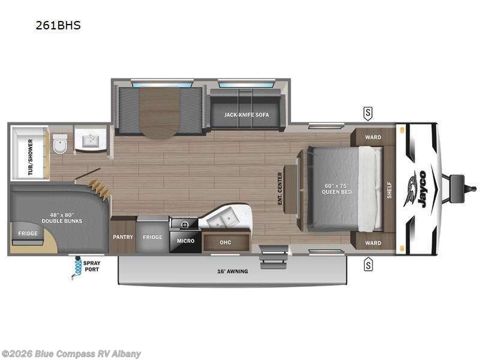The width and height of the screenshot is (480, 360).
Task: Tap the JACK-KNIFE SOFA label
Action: (247, 115)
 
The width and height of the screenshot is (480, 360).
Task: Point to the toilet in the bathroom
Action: (59, 145)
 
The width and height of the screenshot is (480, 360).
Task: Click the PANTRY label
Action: (123, 237)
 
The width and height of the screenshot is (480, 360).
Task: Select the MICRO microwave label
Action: (184, 241)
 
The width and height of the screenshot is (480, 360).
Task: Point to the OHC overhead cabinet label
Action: (225, 242)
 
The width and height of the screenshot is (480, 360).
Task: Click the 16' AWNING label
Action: (232, 271)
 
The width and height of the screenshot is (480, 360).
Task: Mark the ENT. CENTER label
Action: (280, 188)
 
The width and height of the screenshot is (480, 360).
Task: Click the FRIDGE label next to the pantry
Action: (152, 237)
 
